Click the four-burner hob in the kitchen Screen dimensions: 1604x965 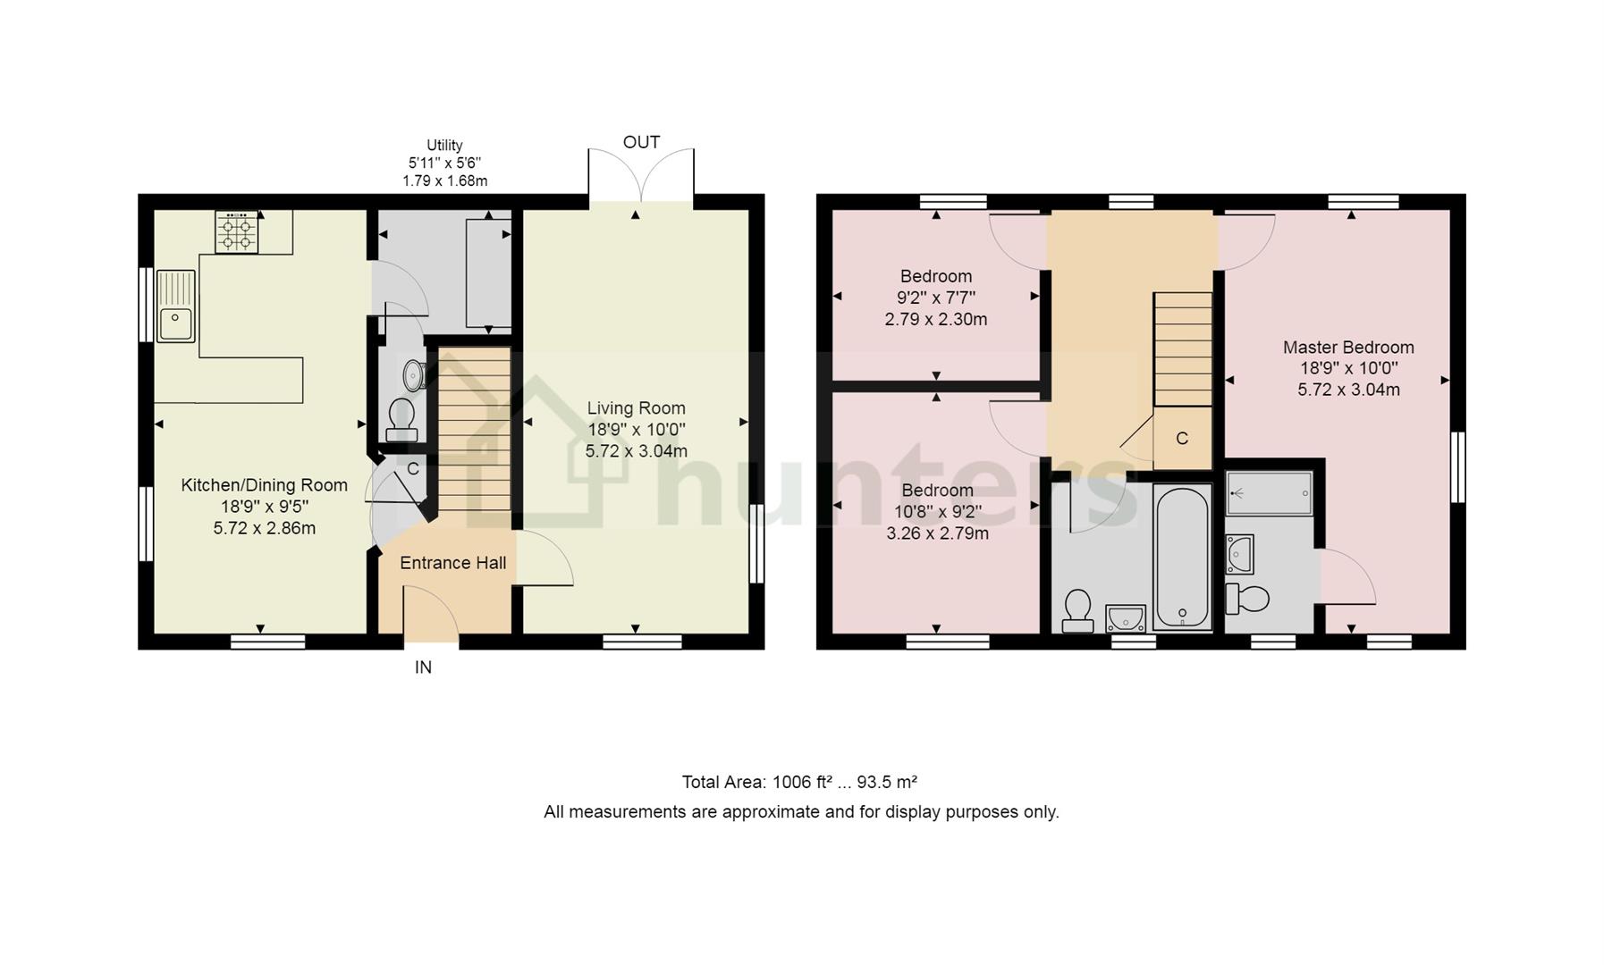coord(237,231)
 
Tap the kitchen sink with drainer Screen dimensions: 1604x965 coord(176,306)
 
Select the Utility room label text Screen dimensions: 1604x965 coord(444,145)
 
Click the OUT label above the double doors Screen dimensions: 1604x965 coord(641,142)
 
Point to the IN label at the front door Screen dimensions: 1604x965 coord(423,667)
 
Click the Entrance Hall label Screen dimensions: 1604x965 coord(452,563)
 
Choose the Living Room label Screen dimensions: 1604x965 coord(636,408)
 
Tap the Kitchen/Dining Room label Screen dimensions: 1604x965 coord(264,485)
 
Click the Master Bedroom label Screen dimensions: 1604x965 coord(1348,348)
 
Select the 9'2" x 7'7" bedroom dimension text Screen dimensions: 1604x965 coord(936,298)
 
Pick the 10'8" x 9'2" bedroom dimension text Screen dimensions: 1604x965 coord(937,512)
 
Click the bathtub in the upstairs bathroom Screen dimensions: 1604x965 coord(1182,558)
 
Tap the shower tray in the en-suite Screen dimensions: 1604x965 coord(1269,493)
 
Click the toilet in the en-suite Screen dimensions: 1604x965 coord(1247,599)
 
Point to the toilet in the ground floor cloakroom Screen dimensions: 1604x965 coord(401,420)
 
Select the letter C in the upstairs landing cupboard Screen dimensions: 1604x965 coord(1182,438)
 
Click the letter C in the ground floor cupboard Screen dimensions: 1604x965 coord(413,468)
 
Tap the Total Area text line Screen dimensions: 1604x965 coord(800,783)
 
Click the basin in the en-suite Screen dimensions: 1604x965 coord(1240,554)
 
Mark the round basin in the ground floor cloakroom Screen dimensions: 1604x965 coord(414,374)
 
